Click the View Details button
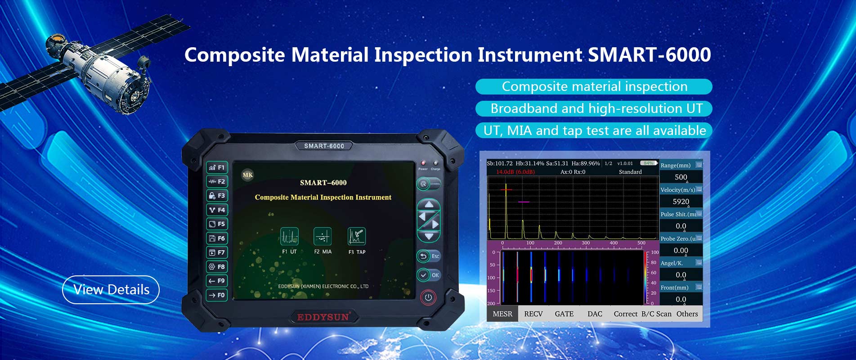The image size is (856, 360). point(111,289)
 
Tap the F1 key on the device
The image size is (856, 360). point(217,167)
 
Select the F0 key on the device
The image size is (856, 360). point(217,295)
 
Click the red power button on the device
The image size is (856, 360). point(428,297)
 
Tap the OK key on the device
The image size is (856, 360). point(429,275)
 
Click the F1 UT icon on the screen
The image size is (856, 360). point(289,237)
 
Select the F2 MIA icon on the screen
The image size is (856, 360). point(323,237)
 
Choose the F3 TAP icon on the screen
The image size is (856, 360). point(356,237)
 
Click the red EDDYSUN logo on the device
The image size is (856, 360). point(323,317)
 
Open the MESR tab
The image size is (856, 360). point(502,314)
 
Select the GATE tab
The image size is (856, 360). point(564,314)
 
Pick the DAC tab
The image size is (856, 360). point(595,314)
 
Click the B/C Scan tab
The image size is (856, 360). point(656,314)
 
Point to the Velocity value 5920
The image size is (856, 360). point(681,202)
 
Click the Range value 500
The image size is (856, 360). point(681,177)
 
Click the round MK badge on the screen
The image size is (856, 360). point(248,175)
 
